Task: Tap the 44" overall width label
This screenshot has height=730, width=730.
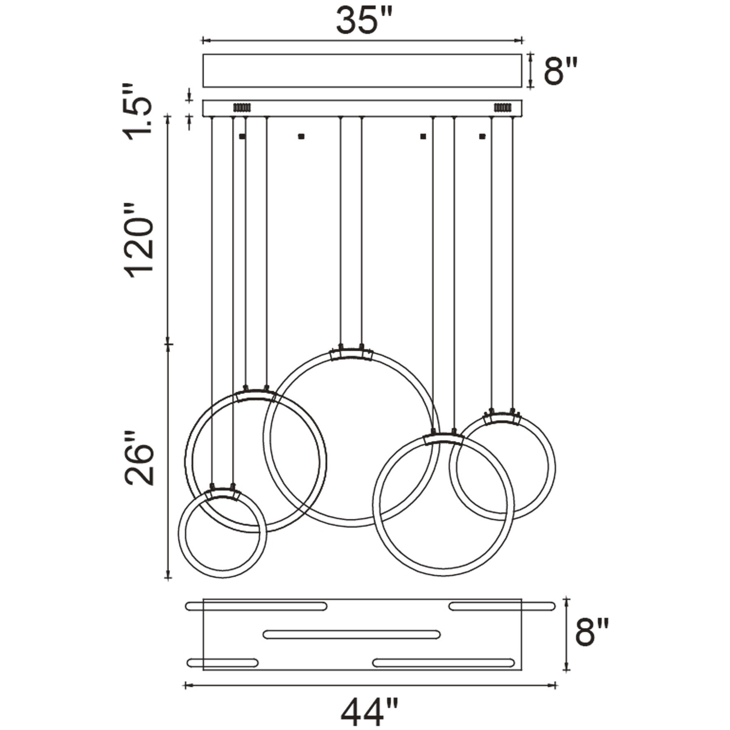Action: point(370,711)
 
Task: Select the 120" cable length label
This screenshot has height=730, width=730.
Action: point(139,240)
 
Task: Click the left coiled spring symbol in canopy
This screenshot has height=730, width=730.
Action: point(242,108)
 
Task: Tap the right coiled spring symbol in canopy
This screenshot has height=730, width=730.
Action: point(502,108)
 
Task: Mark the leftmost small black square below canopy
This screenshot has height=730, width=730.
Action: point(242,136)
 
